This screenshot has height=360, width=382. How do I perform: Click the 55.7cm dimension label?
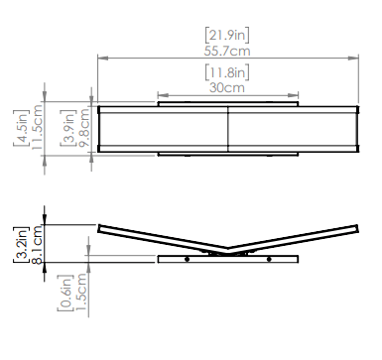(x=227, y=52)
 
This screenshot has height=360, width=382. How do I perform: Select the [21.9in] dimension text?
(x=227, y=35)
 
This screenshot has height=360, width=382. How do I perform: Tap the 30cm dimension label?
(x=227, y=88)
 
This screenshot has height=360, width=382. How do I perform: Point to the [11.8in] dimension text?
(x=227, y=72)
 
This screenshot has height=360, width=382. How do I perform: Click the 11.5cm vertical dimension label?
(x=37, y=127)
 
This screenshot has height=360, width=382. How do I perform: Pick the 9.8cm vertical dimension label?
(x=84, y=127)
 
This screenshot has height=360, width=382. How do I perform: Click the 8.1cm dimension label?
(x=37, y=244)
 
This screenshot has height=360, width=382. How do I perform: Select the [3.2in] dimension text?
(x=21, y=244)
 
